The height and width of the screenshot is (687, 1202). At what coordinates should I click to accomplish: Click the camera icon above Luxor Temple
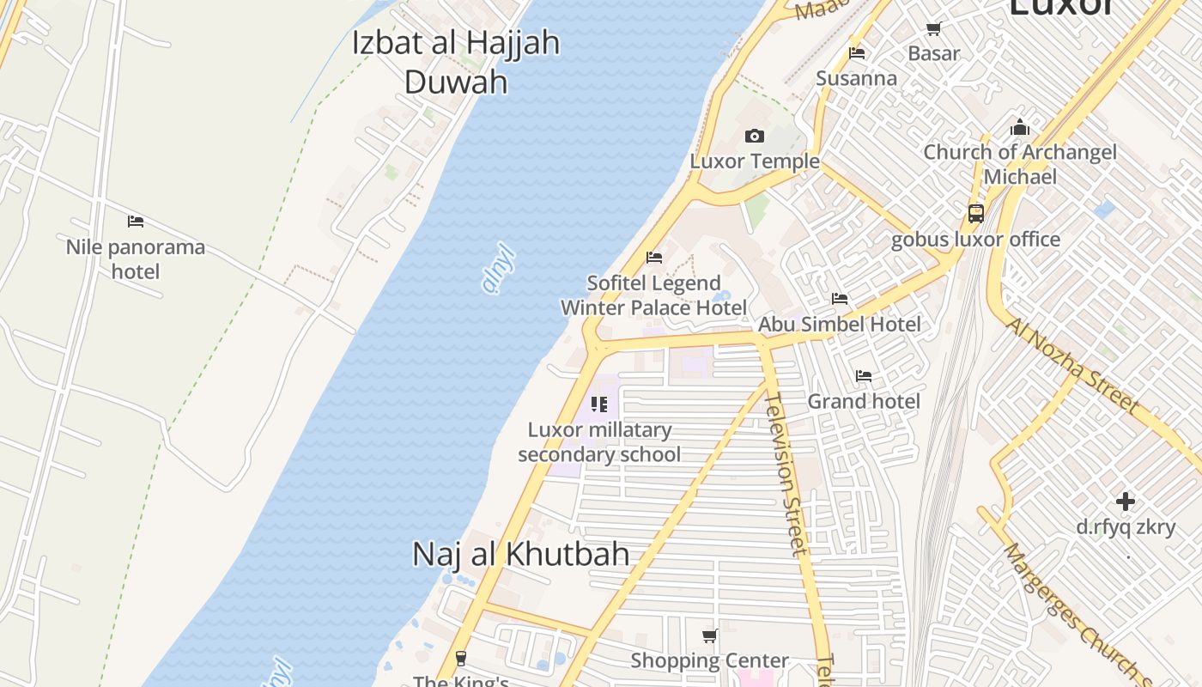(755, 136)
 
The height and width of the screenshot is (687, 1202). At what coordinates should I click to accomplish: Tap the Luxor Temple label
(755, 161)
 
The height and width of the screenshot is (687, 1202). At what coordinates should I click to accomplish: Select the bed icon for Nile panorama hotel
(136, 222)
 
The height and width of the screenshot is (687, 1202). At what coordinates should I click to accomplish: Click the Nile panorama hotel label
(136, 259)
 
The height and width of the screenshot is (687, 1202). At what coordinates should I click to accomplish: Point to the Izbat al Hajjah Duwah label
(456, 62)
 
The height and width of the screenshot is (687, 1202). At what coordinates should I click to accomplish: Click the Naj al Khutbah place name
(521, 554)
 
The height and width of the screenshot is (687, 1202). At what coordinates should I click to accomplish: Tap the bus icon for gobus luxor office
(975, 213)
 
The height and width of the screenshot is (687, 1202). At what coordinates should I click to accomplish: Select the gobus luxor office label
(975, 239)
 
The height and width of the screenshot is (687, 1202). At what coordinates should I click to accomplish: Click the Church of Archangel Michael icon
(1020, 127)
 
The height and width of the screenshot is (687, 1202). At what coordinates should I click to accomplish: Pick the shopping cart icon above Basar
(934, 29)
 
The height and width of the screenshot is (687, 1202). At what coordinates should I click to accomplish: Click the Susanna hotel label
(856, 79)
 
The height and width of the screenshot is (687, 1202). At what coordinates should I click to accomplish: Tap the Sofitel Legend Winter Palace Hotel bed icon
(654, 258)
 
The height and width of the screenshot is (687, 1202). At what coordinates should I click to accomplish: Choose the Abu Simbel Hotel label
(839, 325)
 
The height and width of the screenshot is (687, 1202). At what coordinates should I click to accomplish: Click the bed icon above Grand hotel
(864, 376)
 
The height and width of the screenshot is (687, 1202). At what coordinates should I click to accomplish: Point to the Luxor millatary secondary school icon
(599, 404)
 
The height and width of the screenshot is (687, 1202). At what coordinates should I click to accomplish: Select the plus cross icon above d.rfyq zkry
(1126, 501)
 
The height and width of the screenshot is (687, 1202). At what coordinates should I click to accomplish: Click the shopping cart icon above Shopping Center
(710, 636)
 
